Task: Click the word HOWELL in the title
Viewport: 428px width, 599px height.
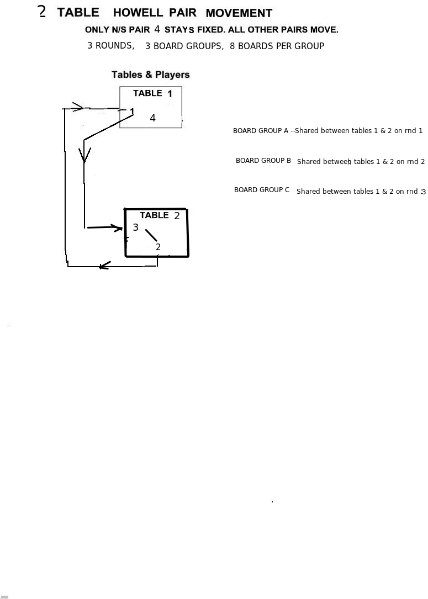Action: (x=138, y=13)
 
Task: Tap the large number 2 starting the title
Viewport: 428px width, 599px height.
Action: (x=42, y=12)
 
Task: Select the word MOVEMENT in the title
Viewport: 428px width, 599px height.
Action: (x=239, y=13)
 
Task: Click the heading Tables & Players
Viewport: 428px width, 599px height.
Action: (x=151, y=75)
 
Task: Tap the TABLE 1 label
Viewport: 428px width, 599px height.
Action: (x=152, y=93)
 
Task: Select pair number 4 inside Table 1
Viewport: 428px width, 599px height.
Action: (x=152, y=118)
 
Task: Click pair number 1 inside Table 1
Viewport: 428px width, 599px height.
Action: (x=132, y=112)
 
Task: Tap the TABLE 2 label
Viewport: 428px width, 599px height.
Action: (x=160, y=215)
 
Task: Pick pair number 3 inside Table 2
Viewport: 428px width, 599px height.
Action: (x=135, y=227)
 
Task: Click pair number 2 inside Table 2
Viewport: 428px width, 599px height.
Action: (x=158, y=247)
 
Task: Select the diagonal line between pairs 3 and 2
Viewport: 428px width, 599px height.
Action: (x=151, y=235)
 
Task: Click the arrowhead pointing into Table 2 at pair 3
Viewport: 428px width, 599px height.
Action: (x=118, y=227)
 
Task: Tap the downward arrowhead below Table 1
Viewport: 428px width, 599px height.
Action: (x=84, y=155)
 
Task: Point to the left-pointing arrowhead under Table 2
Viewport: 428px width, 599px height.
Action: (x=104, y=266)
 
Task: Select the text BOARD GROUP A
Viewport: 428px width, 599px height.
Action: (x=261, y=131)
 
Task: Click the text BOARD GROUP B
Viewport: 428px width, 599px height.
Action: (x=263, y=161)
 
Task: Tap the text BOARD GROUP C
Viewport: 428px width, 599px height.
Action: (x=262, y=190)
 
